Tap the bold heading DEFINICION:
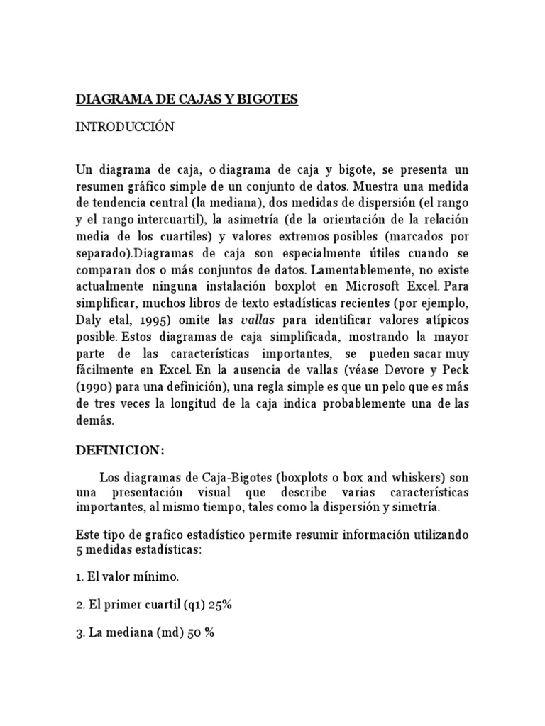120,450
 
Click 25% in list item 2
219,605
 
